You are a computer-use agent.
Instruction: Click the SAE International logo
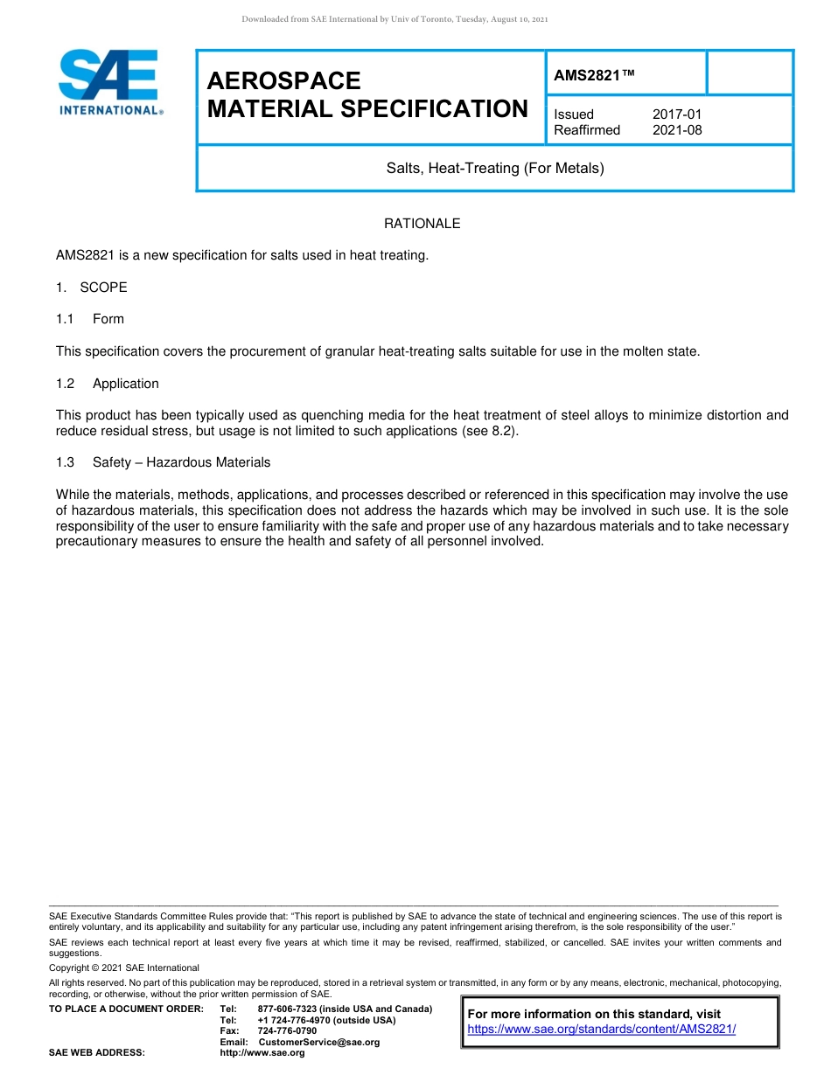point(109,82)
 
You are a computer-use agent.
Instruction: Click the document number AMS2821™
point(594,75)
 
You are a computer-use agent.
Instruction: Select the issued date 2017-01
point(677,114)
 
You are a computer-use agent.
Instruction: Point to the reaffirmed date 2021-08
point(677,130)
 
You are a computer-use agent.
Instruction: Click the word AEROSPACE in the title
point(283,81)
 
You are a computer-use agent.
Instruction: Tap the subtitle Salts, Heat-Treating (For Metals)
point(495,168)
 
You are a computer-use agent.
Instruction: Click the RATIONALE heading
point(422,224)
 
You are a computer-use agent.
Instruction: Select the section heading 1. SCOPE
point(92,288)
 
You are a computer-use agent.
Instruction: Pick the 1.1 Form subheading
point(90,319)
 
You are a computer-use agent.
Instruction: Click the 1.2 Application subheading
point(108,384)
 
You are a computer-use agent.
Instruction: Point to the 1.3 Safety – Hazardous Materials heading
point(164,462)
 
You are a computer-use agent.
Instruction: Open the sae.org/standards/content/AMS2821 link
point(602,1029)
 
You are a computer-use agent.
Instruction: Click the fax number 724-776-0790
point(288,1031)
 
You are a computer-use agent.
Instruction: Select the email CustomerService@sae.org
point(319,1042)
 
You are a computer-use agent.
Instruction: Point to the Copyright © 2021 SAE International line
point(124,967)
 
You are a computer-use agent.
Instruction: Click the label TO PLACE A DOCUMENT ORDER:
point(126,1009)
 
